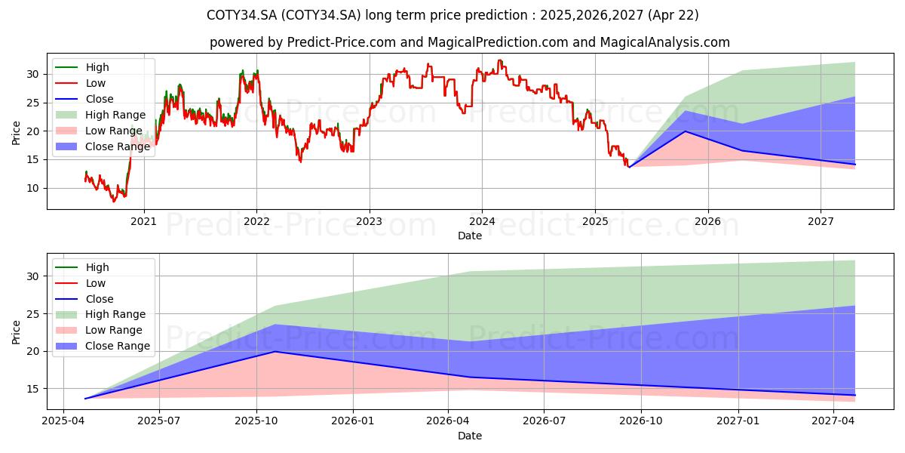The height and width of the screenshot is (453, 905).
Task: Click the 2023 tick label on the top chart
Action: click(x=369, y=221)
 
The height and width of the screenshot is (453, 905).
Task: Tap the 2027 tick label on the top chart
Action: click(x=821, y=221)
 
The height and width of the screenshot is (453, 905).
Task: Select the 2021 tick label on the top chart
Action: click(x=143, y=221)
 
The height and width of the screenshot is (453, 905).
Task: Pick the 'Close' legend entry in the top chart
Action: click(x=100, y=99)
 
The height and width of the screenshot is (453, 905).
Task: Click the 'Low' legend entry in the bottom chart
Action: click(x=96, y=283)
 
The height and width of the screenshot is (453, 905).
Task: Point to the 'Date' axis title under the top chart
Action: click(x=469, y=236)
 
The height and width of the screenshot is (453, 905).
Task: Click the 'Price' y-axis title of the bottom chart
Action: click(x=17, y=331)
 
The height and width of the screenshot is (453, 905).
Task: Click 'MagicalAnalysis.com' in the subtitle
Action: click(x=665, y=42)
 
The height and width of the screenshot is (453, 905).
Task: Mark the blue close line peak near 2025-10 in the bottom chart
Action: click(x=275, y=351)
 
